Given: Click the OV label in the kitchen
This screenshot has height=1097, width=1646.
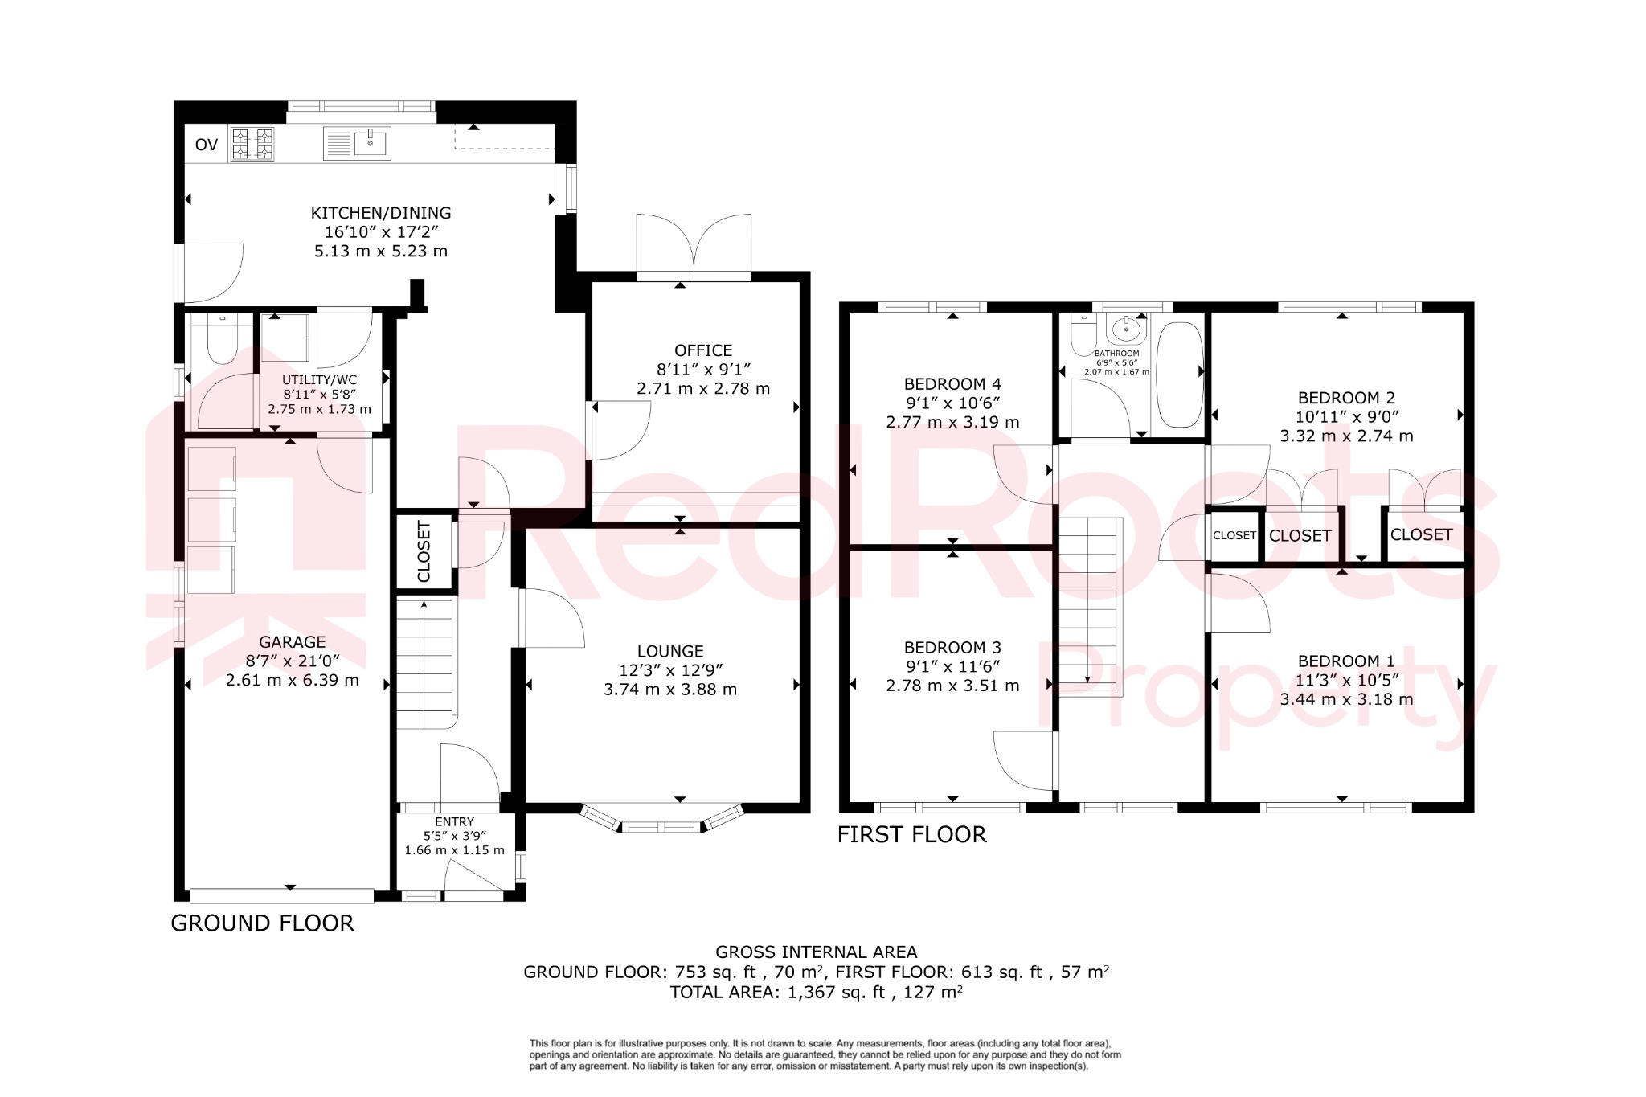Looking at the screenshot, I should [x=207, y=145].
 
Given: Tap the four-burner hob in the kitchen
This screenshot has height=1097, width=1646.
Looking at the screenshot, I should [x=252, y=145].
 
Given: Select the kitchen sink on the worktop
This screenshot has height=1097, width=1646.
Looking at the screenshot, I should [x=358, y=144].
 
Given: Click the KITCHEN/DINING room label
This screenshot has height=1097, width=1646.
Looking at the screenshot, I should [x=381, y=213].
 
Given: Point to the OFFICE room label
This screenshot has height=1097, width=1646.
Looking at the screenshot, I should [x=703, y=350].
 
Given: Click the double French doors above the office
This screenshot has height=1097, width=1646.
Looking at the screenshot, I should [x=694, y=245].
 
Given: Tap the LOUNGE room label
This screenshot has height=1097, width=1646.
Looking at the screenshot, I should [x=670, y=651].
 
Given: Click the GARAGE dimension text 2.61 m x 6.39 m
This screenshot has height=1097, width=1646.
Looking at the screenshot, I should [x=293, y=680].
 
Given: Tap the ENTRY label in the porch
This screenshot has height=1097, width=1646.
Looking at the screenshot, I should [x=455, y=821].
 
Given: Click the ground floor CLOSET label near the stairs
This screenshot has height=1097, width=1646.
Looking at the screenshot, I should [x=424, y=551].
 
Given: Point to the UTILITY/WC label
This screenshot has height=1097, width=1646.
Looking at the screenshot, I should [x=320, y=379].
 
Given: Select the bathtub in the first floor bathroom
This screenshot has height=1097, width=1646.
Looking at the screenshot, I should [x=1179, y=375].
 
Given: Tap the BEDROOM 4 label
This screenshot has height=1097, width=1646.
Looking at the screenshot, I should [x=952, y=384].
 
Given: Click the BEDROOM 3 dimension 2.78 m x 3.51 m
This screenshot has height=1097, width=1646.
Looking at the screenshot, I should [x=952, y=686].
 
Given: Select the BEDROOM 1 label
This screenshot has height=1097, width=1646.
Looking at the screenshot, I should [x=1346, y=661].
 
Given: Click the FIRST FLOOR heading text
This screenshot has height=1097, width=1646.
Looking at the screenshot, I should [x=911, y=834].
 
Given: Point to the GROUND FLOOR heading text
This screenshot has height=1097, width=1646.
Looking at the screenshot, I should [x=262, y=923].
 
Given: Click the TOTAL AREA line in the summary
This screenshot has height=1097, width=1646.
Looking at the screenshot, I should [x=816, y=992].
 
